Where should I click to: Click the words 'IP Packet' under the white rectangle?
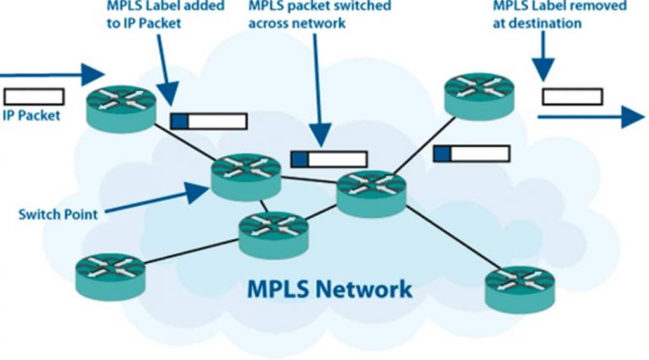[x=31, y=116]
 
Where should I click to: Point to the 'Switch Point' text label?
[x=57, y=214]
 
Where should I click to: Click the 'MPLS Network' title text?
[x=330, y=289]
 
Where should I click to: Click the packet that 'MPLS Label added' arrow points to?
[x=208, y=121]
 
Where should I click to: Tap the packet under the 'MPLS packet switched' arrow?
[x=329, y=159]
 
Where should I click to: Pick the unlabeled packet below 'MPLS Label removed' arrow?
[x=572, y=95]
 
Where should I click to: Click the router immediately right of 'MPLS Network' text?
[x=518, y=286]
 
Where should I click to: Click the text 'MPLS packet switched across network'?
[x=319, y=15]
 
